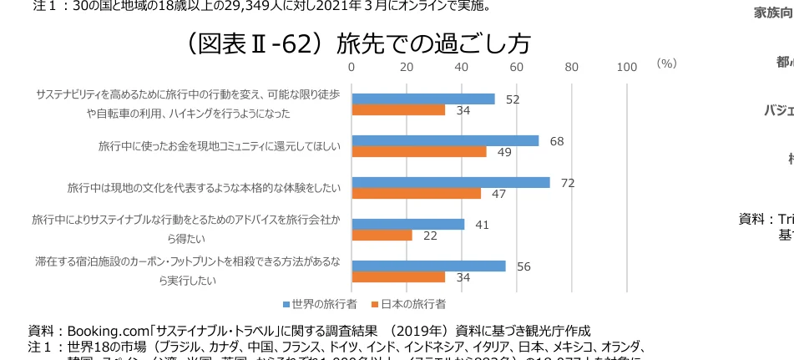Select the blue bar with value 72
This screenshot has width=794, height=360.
pyautogui.click(x=451, y=182)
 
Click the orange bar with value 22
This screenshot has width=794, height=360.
pyautogui.click(x=382, y=236)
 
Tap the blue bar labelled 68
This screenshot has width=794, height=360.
pyautogui.click(x=445, y=140)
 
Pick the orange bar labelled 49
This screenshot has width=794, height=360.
pyautogui.click(x=419, y=152)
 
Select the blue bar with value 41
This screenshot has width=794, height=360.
pyautogui.click(x=408, y=224)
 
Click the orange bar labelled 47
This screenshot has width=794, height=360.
pyautogui.click(x=417, y=194)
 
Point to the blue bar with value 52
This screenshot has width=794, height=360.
pyautogui.click(x=423, y=99)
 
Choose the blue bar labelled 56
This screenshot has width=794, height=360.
pyautogui.click(x=428, y=266)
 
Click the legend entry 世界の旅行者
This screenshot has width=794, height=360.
pyautogui.click(x=321, y=302)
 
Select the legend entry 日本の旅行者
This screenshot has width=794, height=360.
pyautogui.click(x=409, y=302)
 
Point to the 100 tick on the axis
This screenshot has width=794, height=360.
pyautogui.click(x=626, y=67)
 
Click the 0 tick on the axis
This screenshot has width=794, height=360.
pyautogui.click(x=351, y=67)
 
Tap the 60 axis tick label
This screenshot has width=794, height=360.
pyautogui.click(x=517, y=67)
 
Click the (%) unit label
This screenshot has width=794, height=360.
pyautogui.click(x=665, y=63)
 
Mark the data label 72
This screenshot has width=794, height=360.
pyautogui.click(x=568, y=183)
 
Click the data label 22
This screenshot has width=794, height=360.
pyautogui.click(x=430, y=236)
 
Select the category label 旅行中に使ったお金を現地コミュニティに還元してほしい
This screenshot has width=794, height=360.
pyautogui.click(x=220, y=147)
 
